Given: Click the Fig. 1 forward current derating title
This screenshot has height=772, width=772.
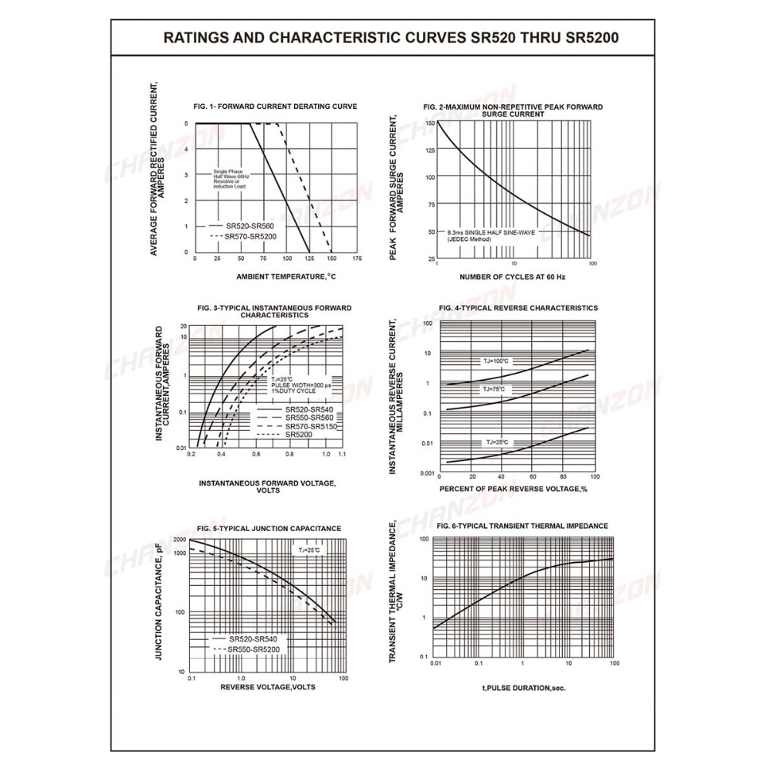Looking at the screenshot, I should [x=275, y=106].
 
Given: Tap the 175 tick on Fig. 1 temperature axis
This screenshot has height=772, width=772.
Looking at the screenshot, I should [x=357, y=259].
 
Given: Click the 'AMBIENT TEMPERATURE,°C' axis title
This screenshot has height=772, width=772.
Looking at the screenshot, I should [x=286, y=276].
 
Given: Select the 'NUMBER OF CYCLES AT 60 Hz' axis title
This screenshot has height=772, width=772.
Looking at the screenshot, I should [x=513, y=276].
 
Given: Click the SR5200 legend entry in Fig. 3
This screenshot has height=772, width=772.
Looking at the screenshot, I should [x=297, y=435].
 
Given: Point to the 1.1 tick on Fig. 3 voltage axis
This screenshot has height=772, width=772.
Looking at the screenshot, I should [x=340, y=455].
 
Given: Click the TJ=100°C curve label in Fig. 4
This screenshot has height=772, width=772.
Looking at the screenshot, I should [x=496, y=361].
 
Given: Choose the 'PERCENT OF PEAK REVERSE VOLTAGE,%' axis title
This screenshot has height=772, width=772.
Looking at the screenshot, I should [x=513, y=489].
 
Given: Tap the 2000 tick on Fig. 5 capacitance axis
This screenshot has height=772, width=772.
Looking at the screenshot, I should [x=179, y=540].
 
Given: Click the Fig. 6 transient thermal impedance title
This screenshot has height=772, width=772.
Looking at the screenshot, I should [x=522, y=526].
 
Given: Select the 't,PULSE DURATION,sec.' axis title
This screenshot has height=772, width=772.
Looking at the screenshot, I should [x=524, y=686].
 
